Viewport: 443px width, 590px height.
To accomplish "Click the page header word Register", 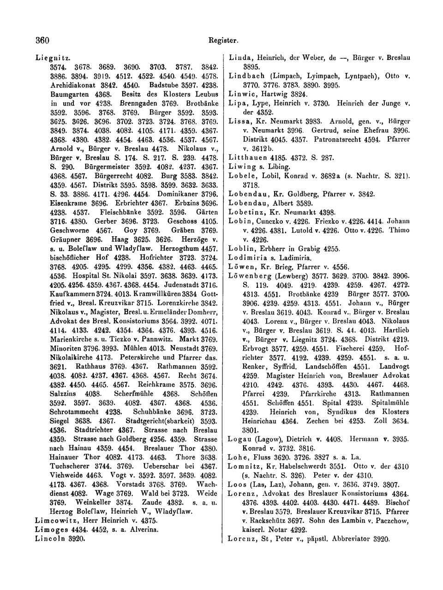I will (223, 41).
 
